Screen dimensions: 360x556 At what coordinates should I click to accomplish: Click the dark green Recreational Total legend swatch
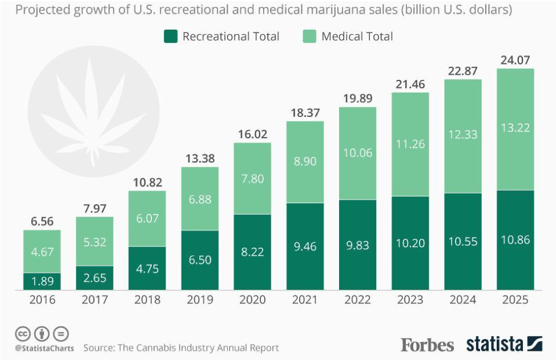click(x=170, y=37)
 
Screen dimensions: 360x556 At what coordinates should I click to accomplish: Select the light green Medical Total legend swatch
click(x=309, y=37)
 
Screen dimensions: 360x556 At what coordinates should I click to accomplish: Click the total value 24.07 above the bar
click(x=515, y=59)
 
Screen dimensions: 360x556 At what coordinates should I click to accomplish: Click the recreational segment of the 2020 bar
click(x=252, y=251)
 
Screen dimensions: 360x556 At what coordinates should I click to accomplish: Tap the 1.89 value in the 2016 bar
click(x=42, y=281)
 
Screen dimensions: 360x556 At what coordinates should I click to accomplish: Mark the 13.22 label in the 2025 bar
click(x=515, y=127)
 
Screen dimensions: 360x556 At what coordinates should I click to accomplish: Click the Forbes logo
click(x=427, y=345)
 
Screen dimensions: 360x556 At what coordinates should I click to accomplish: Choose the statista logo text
click(x=494, y=344)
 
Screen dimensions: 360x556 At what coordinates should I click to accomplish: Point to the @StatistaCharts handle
click(x=44, y=348)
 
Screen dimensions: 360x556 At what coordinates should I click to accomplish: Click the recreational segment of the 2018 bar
click(x=147, y=268)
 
